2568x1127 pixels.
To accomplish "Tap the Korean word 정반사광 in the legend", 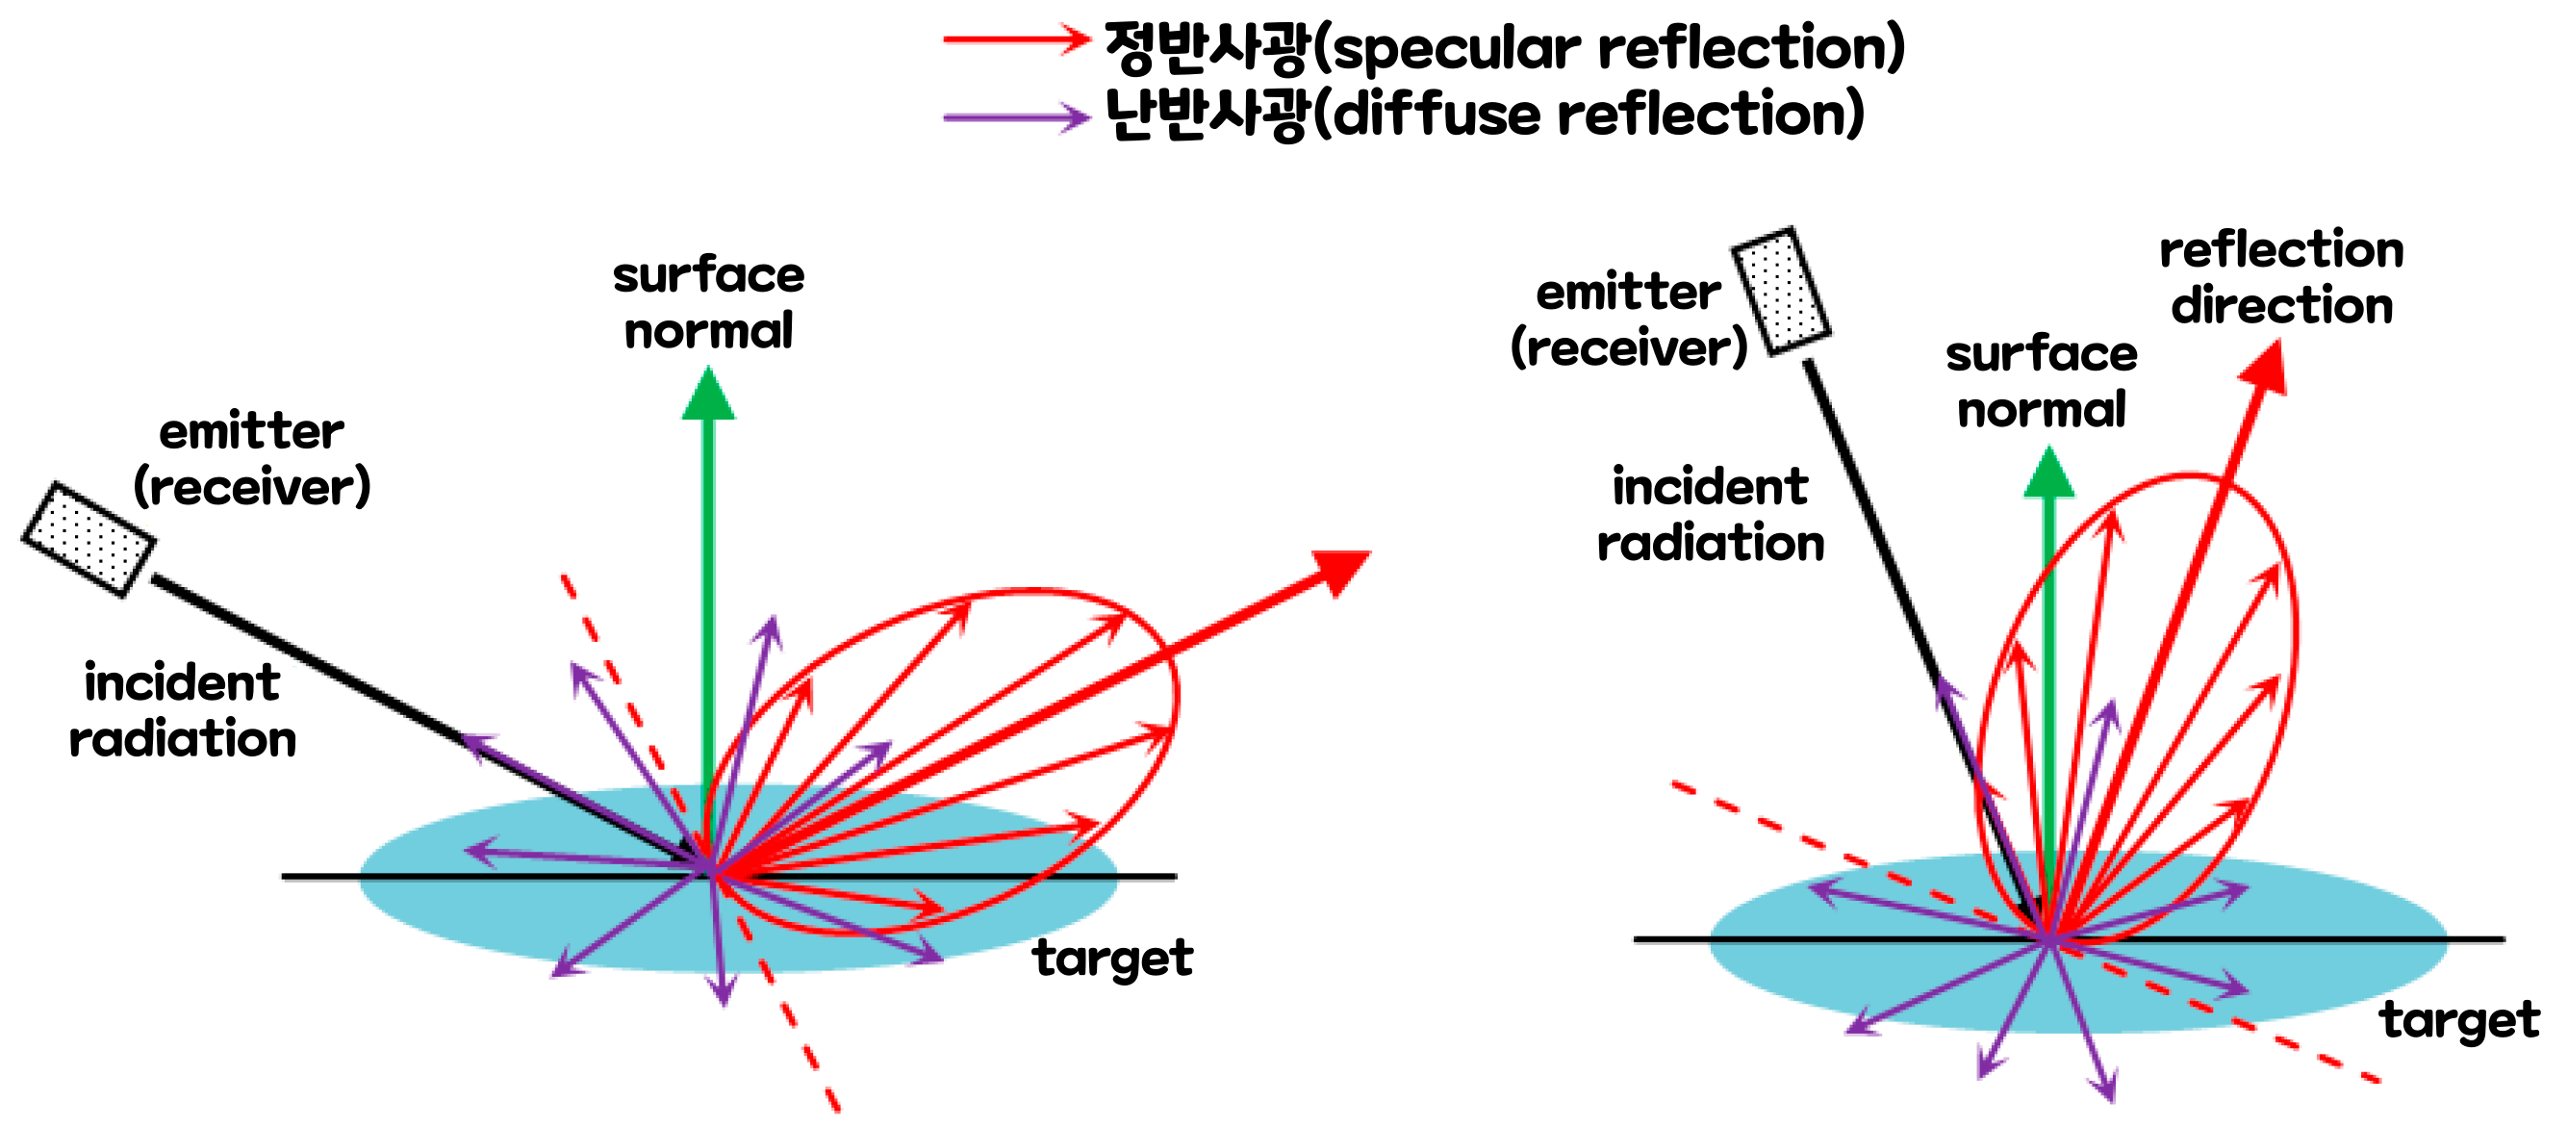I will tap(1207, 47).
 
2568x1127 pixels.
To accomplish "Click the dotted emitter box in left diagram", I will tap(88, 539).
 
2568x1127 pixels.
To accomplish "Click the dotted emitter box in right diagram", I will tap(1780, 291).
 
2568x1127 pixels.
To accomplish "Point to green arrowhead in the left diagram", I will tap(708, 395).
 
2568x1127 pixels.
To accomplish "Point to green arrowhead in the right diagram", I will tap(2048, 474).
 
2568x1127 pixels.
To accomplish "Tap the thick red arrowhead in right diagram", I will tap(2265, 369).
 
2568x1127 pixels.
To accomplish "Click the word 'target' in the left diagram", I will tap(1111, 958).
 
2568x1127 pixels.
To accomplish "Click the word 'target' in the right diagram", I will tap(2459, 1019).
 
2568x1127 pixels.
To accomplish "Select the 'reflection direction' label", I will tap(2281, 277).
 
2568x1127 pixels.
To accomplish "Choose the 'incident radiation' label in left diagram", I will tap(183, 710).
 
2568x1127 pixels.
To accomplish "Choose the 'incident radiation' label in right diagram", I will tap(1711, 515).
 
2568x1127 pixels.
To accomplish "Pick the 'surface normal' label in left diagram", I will tap(708, 302).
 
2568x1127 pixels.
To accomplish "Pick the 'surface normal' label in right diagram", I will tap(2042, 381).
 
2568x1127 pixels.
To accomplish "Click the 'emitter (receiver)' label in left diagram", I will tap(251, 459).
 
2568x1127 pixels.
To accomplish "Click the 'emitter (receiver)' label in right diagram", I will tap(1629, 320).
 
